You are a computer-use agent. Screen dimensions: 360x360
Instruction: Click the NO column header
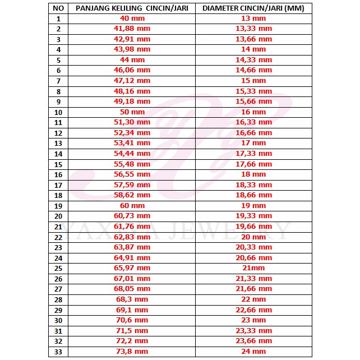(x=58, y=8)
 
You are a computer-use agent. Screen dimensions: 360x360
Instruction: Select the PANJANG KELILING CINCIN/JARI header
(x=132, y=8)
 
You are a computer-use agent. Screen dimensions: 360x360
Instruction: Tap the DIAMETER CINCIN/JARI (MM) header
(x=253, y=8)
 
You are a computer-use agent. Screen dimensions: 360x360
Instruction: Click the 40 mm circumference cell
(x=132, y=18)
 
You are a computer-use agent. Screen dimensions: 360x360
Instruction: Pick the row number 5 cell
(x=58, y=59)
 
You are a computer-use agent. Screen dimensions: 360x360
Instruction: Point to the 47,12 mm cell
(x=132, y=80)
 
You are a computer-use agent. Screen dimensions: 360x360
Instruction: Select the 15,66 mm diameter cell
(x=253, y=101)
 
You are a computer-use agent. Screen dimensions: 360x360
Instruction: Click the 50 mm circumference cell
(x=132, y=112)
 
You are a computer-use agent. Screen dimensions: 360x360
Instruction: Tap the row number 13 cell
(x=58, y=143)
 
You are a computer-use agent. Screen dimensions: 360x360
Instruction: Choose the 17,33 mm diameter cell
(x=253, y=153)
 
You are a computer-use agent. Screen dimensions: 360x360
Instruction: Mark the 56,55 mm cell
(x=132, y=174)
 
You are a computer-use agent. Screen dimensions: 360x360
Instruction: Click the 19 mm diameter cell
(x=253, y=206)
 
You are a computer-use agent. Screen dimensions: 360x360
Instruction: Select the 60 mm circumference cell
(x=132, y=206)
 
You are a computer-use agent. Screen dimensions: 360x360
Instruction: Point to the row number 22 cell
(x=58, y=237)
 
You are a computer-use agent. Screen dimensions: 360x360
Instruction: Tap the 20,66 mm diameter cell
(x=253, y=258)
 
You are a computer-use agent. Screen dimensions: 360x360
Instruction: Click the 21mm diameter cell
(x=253, y=268)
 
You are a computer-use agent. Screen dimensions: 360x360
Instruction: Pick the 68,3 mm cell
(x=132, y=299)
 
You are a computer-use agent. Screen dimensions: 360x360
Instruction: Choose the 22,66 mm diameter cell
(x=253, y=310)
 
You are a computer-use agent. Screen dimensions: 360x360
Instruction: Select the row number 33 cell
(x=58, y=352)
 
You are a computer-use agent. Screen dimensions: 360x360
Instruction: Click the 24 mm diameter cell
(x=253, y=352)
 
